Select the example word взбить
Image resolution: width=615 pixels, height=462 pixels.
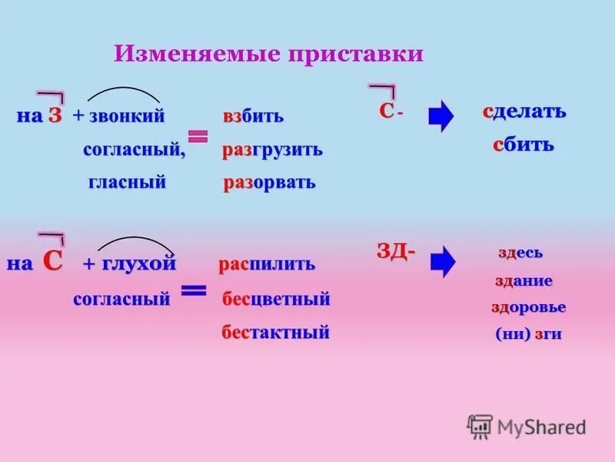[253, 117]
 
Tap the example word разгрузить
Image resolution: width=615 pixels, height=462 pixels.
[272, 150]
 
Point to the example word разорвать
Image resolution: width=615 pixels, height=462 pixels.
[268, 183]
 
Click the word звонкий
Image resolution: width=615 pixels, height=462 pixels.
[126, 116]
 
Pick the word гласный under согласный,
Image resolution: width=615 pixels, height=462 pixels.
[127, 182]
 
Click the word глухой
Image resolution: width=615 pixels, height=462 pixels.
[139, 263]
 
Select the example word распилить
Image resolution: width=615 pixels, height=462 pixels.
[267, 264]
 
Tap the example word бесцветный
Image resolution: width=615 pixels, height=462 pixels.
[276, 299]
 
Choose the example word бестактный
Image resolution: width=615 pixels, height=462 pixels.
[275, 333]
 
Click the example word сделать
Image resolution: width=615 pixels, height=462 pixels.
[524, 111]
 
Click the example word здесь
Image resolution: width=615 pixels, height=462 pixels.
[520, 253]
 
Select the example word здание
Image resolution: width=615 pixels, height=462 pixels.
[524, 281]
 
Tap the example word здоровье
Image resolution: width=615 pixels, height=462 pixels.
[528, 307]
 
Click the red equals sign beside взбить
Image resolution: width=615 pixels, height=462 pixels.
[198, 136]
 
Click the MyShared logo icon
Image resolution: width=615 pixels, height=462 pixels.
[480, 426]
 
